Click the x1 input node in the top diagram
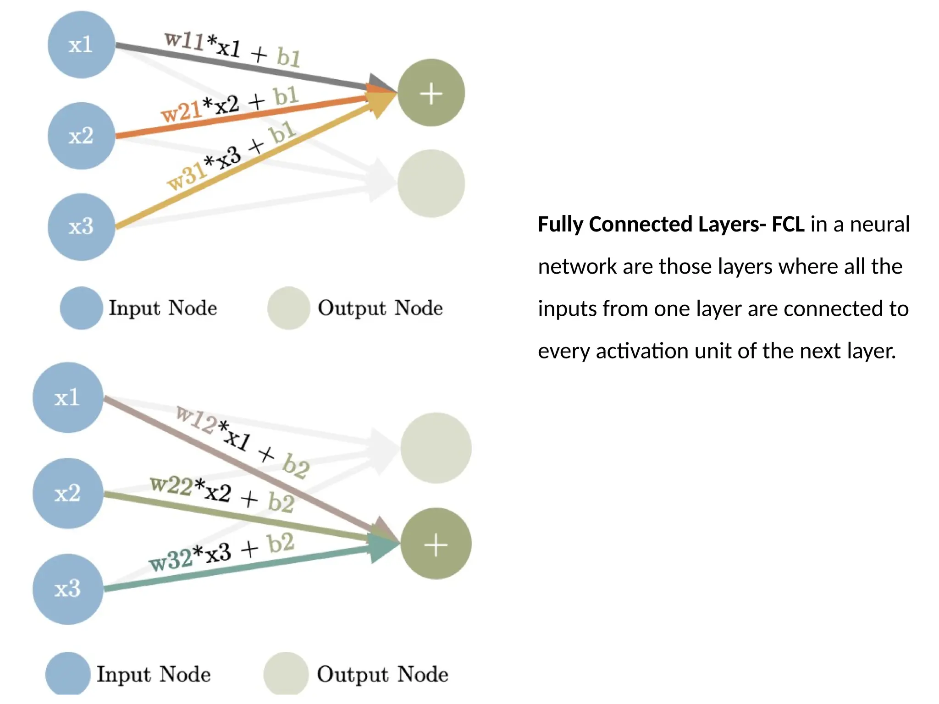pos(81,45)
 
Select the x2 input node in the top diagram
pos(81,136)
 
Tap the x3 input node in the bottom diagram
pos(68,589)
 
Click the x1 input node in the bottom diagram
pos(68,397)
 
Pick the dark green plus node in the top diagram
pos(431,93)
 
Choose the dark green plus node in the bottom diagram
pos(436,544)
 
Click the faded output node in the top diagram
pos(431,183)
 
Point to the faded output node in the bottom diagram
pos(436,448)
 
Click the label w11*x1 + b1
pos(232,49)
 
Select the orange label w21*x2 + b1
pos(229,104)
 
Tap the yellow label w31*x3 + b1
pos(232,156)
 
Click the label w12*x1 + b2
pos(243,441)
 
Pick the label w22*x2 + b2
pos(222,494)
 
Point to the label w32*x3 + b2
pos(222,553)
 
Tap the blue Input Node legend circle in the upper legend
pos(82,308)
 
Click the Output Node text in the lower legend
pos(382,674)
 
